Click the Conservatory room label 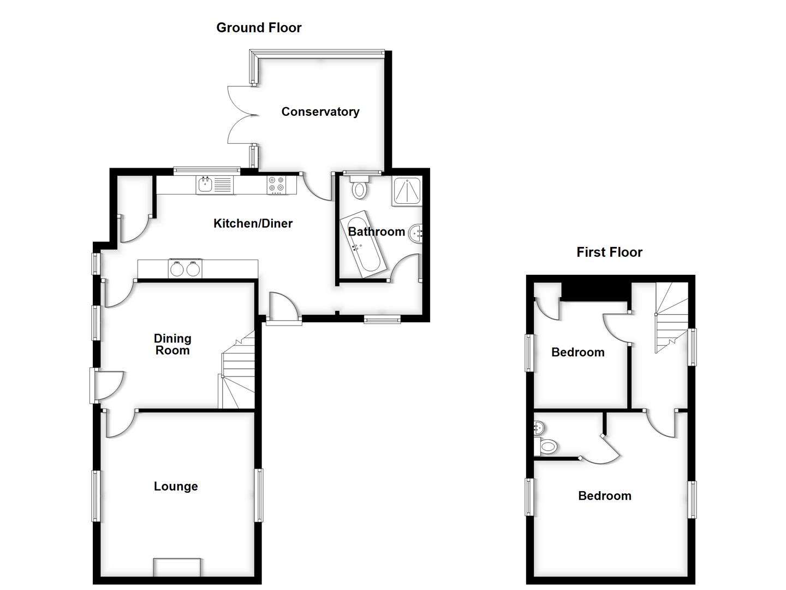click(x=320, y=112)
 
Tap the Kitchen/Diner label click(x=253, y=223)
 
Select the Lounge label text click(x=176, y=487)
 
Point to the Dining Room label click(x=172, y=345)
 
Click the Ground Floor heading click(x=259, y=28)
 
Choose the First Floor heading click(x=609, y=252)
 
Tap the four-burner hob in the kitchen click(x=276, y=185)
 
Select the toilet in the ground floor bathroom click(x=359, y=188)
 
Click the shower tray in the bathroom click(x=406, y=191)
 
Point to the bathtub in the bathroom click(x=362, y=244)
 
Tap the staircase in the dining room click(x=238, y=371)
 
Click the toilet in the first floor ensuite click(x=547, y=447)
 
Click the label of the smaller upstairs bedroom click(x=577, y=352)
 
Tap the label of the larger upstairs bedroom click(x=604, y=496)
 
